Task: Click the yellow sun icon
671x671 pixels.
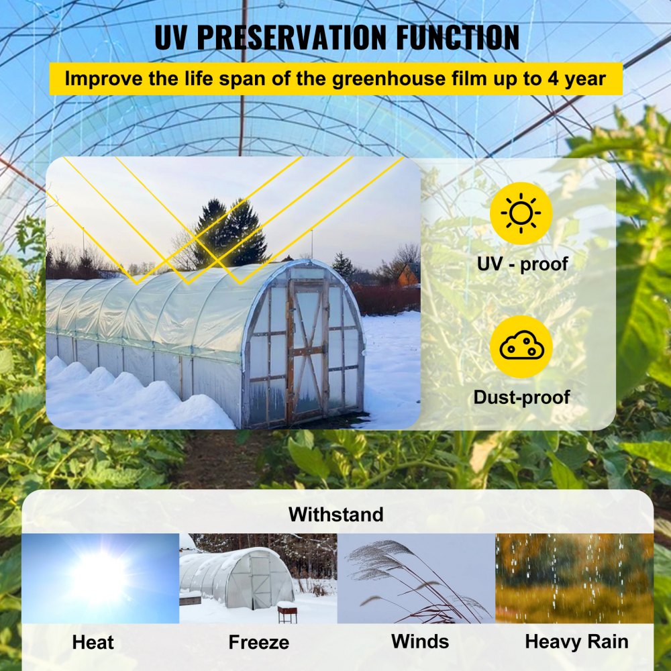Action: [521, 213]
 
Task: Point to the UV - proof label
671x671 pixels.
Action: [522, 264]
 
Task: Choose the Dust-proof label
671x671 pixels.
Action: [521, 397]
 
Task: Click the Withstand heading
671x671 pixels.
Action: [335, 515]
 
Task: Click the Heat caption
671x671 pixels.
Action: [93, 642]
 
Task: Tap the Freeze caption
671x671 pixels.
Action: [258, 642]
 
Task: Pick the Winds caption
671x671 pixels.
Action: [420, 641]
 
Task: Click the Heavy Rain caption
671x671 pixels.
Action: [576, 641]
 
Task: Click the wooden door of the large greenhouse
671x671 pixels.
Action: [308, 352]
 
